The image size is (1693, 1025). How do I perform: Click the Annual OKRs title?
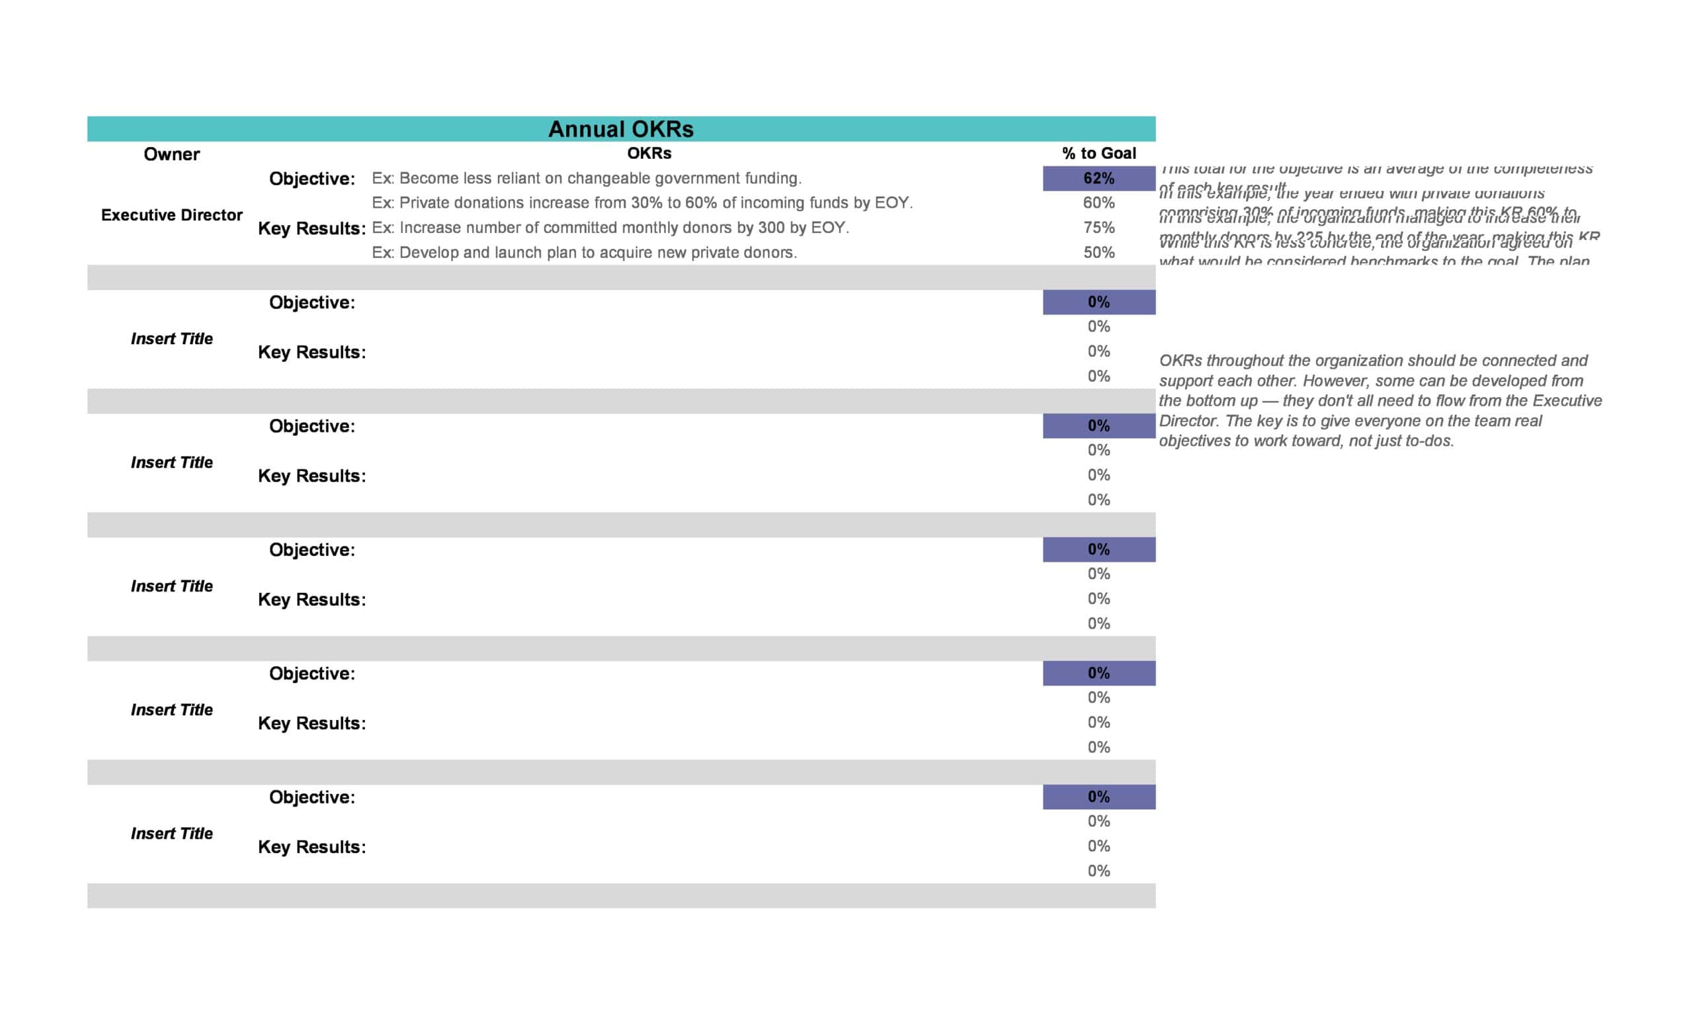(620, 129)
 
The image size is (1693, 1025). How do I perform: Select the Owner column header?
(171, 154)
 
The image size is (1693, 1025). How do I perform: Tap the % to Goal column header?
(1098, 154)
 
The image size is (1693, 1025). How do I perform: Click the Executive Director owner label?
(171, 215)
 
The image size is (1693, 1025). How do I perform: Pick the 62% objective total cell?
(1098, 179)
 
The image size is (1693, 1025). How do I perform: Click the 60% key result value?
(1098, 202)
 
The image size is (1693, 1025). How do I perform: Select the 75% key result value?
(1098, 228)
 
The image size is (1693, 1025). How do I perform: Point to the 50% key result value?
(1098, 252)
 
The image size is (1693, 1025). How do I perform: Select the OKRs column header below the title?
(649, 154)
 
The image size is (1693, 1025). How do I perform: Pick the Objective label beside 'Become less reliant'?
(312, 179)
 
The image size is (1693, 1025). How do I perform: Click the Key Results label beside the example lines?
(311, 228)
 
